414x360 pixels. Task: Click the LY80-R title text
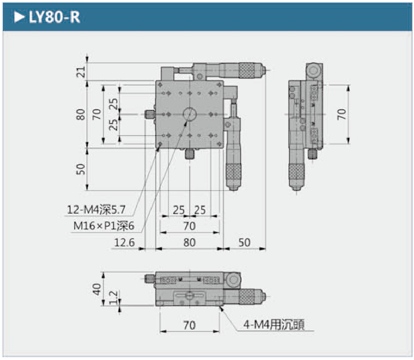coord(54,17)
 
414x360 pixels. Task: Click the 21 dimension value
coord(82,72)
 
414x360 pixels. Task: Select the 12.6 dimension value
coord(124,243)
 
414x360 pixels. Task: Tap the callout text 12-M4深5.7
coord(97,210)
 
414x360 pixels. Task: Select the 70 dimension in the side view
coord(342,114)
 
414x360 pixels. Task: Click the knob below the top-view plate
coord(190,154)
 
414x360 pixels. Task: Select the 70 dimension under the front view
coord(190,325)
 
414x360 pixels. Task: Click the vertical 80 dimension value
coord(81,115)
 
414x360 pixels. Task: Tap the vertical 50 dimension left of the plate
coord(81,169)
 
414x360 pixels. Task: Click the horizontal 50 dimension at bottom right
coord(244,243)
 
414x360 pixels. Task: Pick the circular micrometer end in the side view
coord(314,72)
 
